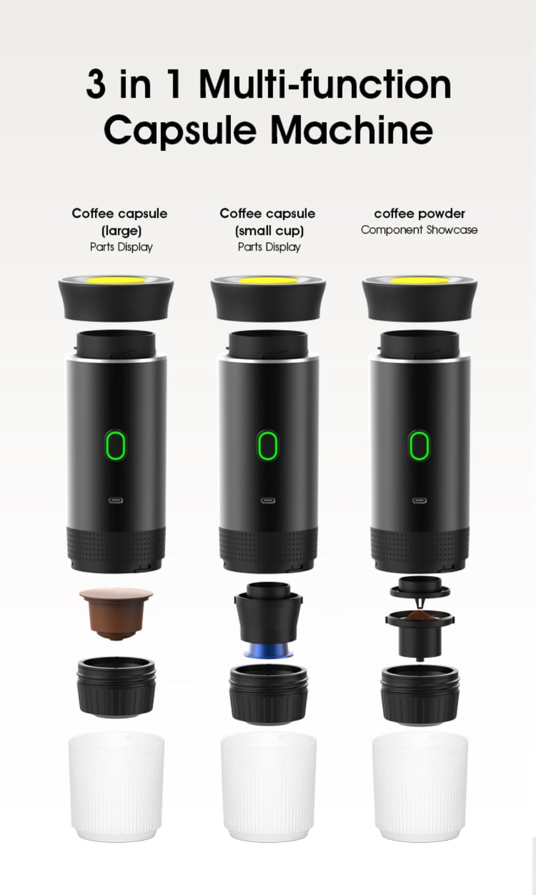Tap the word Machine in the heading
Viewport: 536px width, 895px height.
click(351, 130)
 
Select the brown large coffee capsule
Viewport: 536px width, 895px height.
click(116, 613)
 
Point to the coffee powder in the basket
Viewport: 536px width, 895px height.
click(419, 616)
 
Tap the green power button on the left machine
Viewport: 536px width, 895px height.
click(116, 446)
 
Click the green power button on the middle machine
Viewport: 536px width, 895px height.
click(268, 446)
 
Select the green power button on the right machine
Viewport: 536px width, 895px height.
click(419, 446)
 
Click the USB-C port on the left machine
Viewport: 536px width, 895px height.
click(116, 501)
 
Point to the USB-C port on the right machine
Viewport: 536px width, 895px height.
click(419, 501)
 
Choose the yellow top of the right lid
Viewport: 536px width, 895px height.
click(419, 280)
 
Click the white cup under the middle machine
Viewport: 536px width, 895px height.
click(268, 786)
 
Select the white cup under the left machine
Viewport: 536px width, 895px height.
click(116, 786)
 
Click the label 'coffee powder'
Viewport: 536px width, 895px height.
click(419, 213)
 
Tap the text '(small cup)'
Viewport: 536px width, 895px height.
click(269, 230)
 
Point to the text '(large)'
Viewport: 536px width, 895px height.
click(121, 230)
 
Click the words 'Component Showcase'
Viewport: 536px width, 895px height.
click(419, 230)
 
